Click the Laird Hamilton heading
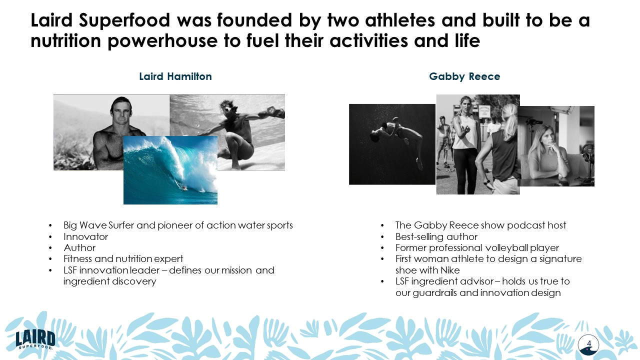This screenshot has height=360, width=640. pos(175,76)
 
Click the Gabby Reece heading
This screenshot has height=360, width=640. pos(464,76)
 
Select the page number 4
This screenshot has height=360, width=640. pos(589,343)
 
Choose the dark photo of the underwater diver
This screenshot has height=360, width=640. pos(392,144)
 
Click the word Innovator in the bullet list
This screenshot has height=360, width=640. pos(85,236)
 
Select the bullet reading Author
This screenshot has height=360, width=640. pos(79,247)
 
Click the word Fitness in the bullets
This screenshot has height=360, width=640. pos(78,259)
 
